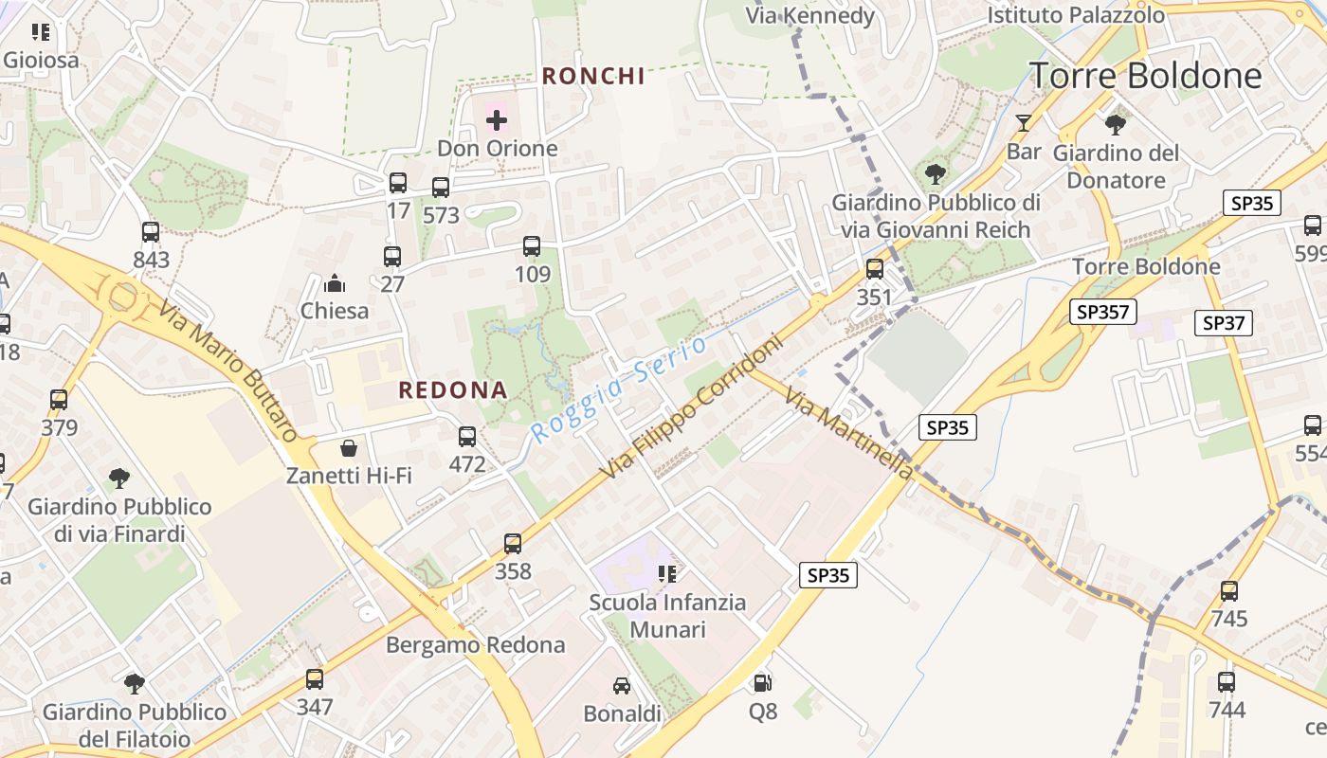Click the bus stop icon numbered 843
click(x=151, y=231)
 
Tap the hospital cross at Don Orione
click(x=497, y=120)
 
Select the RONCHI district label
click(x=593, y=77)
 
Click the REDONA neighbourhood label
click(x=453, y=390)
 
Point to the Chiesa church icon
click(x=334, y=283)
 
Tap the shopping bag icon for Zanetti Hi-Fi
click(x=349, y=448)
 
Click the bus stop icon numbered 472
click(x=467, y=436)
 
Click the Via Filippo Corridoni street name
click(x=692, y=406)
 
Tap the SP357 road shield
click(x=1103, y=312)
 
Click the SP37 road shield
click(x=1223, y=323)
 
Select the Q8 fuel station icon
click(x=762, y=682)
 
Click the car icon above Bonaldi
click(x=622, y=686)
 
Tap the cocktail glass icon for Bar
click(x=1024, y=123)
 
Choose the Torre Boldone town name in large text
click(x=1146, y=76)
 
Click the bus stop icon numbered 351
click(x=874, y=268)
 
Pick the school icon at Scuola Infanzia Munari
click(x=667, y=574)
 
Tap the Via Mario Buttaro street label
click(x=228, y=371)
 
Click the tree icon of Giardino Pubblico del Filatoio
click(x=135, y=683)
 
